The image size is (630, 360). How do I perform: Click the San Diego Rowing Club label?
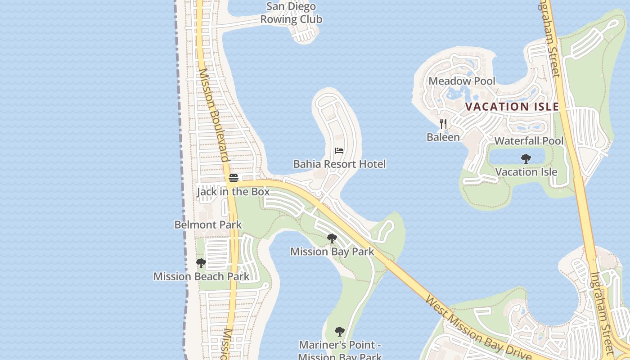point(291,13)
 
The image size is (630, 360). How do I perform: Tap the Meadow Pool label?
point(462,81)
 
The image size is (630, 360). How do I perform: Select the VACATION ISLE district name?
point(512,107)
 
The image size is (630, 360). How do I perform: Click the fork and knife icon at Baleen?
point(443,123)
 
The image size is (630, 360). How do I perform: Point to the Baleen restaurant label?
point(443,137)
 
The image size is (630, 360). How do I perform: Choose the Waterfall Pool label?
point(529,141)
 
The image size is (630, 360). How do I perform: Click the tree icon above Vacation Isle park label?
point(526,158)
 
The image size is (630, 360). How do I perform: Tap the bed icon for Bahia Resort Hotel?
point(339,150)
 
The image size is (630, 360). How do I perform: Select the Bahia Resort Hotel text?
point(339,164)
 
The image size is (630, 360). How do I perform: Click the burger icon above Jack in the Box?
point(233,178)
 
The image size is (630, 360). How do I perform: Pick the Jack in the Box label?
point(233,192)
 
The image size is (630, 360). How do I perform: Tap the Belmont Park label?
point(208,225)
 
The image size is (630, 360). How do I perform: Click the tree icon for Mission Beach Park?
point(201,263)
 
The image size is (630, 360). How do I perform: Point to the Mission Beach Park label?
point(201,276)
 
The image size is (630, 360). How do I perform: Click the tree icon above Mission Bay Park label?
point(332,238)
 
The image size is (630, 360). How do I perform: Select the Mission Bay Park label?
point(332,252)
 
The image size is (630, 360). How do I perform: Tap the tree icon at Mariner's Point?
point(340,332)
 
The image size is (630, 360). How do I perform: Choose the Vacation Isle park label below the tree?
point(526,172)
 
